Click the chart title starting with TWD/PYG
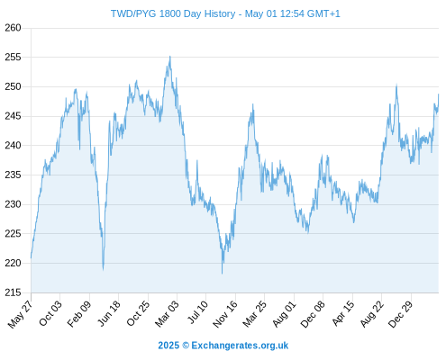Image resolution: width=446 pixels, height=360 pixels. pyautogui.click(x=225, y=13)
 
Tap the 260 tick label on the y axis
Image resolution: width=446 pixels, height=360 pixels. pyautogui.click(x=13, y=28)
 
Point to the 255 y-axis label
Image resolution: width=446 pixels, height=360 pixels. pyautogui.click(x=13, y=57)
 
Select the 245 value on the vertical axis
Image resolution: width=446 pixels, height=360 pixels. pyautogui.click(x=13, y=116)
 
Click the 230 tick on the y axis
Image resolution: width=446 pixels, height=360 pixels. pyautogui.click(x=13, y=204)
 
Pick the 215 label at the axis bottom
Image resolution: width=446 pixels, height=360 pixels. pyautogui.click(x=13, y=292)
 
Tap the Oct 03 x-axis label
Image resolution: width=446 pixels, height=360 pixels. pyautogui.click(x=50, y=313)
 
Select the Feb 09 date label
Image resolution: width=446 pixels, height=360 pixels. pyautogui.click(x=78, y=313)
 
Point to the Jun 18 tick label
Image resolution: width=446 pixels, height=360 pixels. pyautogui.click(x=109, y=313)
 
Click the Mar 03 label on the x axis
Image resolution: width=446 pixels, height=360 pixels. pyautogui.click(x=167, y=313)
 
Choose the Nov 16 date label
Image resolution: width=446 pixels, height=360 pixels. pyautogui.click(x=225, y=314)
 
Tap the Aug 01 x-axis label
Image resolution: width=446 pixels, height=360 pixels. pyautogui.click(x=284, y=313)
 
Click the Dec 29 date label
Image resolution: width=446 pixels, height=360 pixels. pyautogui.click(x=400, y=314)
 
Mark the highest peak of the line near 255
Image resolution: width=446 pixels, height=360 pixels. pyautogui.click(x=170, y=56)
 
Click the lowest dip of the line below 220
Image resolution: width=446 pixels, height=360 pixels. pyautogui.click(x=223, y=274)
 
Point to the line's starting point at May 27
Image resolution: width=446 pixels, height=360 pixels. pyautogui.click(x=31, y=257)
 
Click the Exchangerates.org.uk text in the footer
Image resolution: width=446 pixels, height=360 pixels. pyautogui.click(x=240, y=346)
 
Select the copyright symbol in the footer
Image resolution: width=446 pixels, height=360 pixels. pyautogui.click(x=186, y=346)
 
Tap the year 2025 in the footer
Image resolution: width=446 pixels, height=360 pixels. pyautogui.click(x=168, y=346)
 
